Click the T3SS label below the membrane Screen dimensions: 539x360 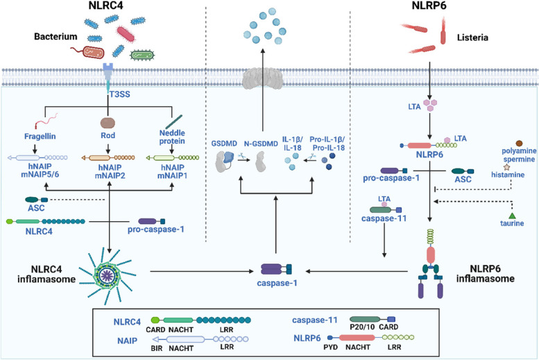point(119,94)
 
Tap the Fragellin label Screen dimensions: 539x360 point(40,137)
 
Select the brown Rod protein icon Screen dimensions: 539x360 point(108,123)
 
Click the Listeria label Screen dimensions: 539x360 point(472,37)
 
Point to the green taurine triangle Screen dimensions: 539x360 point(512,216)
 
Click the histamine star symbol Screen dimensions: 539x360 point(506,167)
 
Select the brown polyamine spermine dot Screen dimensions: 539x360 point(519,143)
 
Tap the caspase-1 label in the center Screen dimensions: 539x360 point(277,283)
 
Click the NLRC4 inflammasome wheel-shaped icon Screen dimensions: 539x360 point(108,275)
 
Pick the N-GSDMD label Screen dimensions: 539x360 point(261,144)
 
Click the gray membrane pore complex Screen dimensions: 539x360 point(263,79)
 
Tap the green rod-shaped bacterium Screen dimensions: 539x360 point(142,55)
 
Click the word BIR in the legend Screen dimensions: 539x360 point(157,348)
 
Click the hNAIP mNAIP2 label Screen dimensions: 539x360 point(110,171)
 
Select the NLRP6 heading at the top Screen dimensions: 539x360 point(429,6)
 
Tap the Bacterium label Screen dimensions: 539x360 point(55,37)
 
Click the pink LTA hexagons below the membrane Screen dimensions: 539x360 point(430,105)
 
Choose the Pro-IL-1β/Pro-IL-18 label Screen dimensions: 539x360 point(327,144)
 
